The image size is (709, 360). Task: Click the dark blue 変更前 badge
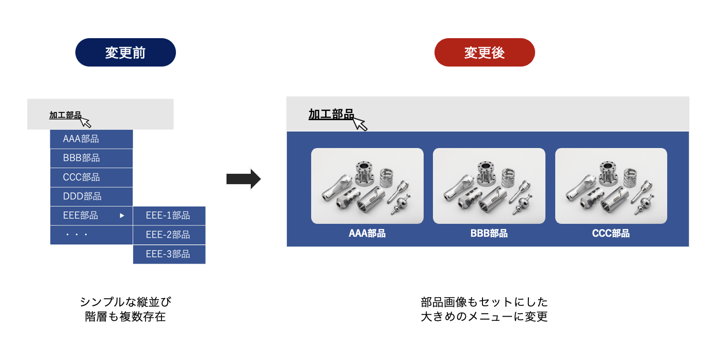(125, 52)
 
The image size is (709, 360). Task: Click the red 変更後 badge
(484, 52)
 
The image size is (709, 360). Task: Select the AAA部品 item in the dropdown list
(91, 139)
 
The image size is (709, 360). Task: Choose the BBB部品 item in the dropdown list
(91, 158)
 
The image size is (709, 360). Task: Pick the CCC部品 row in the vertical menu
(91, 177)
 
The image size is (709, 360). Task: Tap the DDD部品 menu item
(91, 197)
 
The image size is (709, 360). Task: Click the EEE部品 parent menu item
(91, 216)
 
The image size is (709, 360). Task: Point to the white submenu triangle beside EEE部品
(122, 216)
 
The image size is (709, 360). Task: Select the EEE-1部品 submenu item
(169, 216)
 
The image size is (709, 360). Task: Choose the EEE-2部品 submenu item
(169, 235)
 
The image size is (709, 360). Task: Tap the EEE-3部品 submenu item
(169, 254)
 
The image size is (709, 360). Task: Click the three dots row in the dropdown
(91, 235)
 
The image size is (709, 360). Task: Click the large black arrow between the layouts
(244, 179)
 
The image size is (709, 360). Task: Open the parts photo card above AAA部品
(367, 186)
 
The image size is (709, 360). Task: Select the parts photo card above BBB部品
(489, 186)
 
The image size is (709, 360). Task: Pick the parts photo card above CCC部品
(611, 186)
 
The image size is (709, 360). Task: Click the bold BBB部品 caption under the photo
(489, 234)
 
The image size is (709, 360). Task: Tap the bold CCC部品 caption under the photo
(611, 234)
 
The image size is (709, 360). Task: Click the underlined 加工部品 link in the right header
(331, 114)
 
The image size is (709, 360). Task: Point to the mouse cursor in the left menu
(86, 122)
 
